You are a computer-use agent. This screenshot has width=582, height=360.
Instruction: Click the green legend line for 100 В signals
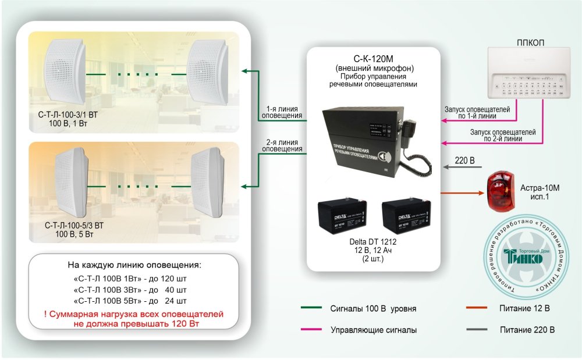[311, 308]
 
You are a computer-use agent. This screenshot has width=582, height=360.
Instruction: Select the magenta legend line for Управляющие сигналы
[311, 330]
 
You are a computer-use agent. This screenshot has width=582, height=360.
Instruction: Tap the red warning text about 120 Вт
[133, 319]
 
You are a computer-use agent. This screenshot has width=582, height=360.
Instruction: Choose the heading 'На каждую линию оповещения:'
[134, 266]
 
